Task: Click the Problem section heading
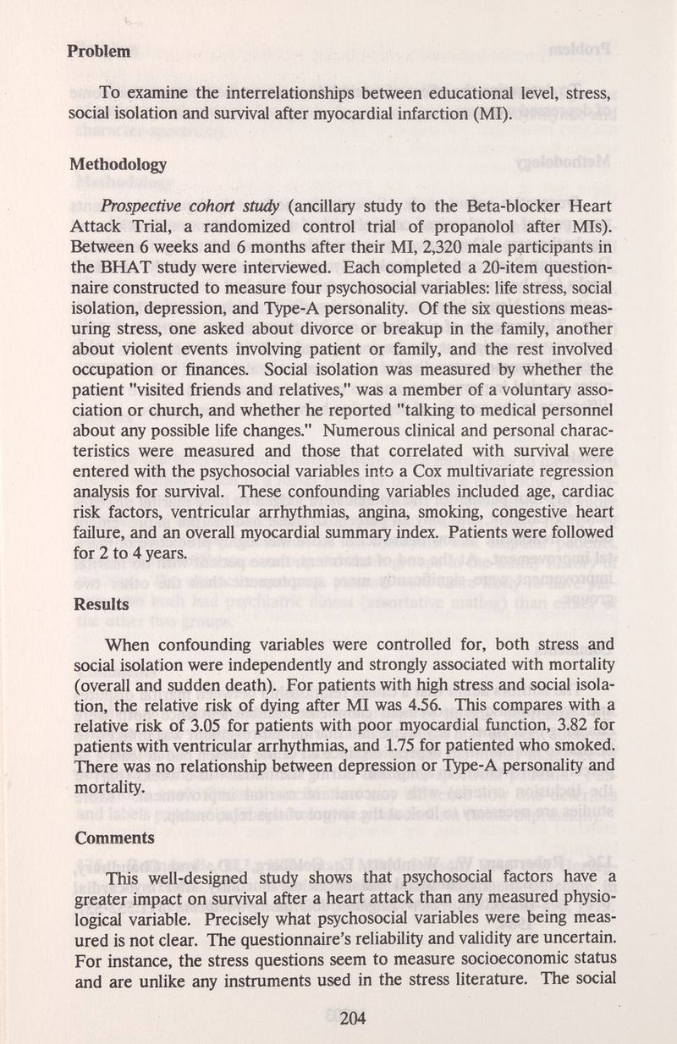pyautogui.click(x=99, y=51)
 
